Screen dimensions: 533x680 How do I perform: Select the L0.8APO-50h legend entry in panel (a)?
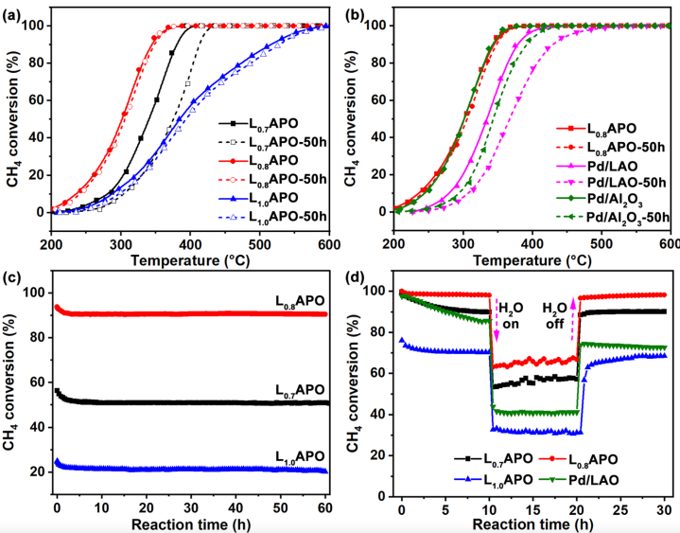click(x=287, y=179)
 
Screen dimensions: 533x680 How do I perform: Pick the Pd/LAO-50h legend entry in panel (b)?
click(x=615, y=180)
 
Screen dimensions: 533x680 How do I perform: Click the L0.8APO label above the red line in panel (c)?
click(x=294, y=298)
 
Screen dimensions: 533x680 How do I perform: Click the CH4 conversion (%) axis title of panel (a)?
click(x=14, y=116)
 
